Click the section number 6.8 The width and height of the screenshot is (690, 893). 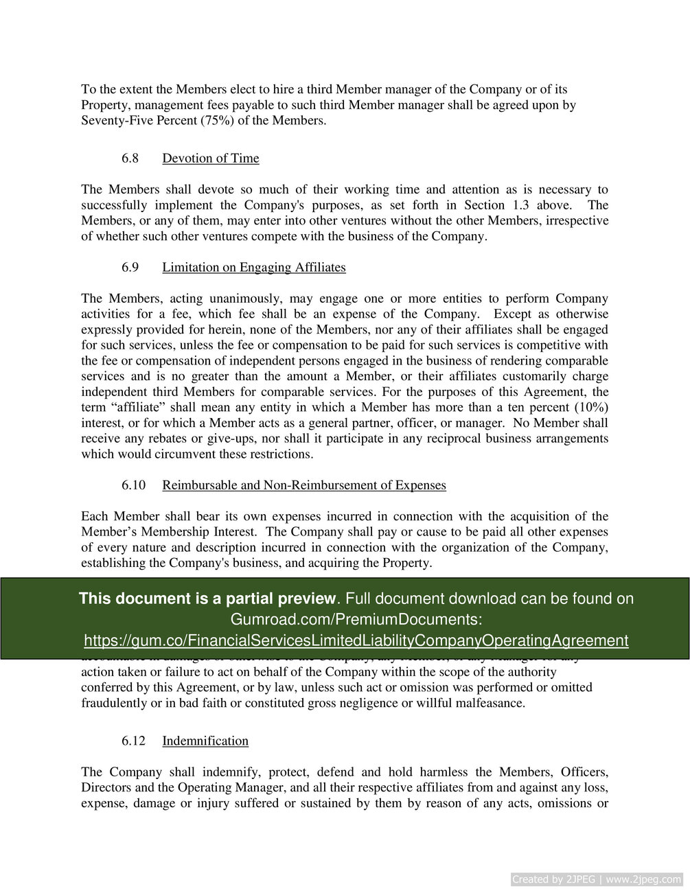click(130, 159)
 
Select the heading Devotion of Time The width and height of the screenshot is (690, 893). click(210, 159)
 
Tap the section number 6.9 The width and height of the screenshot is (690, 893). click(130, 268)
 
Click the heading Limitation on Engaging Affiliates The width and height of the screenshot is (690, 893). click(253, 268)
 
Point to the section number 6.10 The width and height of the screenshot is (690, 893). click(133, 485)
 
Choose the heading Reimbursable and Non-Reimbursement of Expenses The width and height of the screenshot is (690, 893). click(303, 485)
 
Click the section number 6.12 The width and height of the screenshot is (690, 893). click(133, 741)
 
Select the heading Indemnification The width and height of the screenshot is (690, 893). click(205, 741)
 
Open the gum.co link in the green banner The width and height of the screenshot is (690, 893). click(356, 641)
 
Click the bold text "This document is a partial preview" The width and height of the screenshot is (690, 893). click(207, 599)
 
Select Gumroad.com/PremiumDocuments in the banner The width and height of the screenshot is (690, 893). click(356, 620)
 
